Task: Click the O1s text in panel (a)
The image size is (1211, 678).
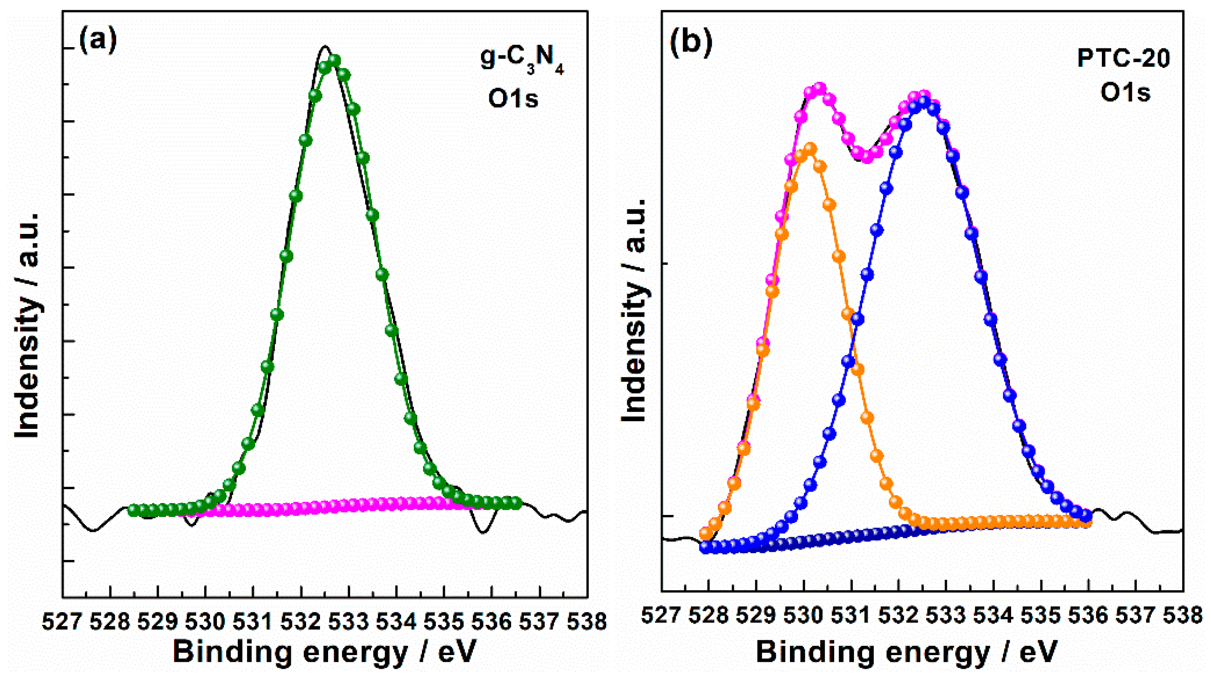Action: click(x=513, y=99)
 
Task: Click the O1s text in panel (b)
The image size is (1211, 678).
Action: click(x=1125, y=93)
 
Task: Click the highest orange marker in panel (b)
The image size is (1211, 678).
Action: click(x=809, y=149)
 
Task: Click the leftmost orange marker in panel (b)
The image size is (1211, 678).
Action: click(x=705, y=533)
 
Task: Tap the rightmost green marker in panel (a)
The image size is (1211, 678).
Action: click(x=516, y=503)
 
